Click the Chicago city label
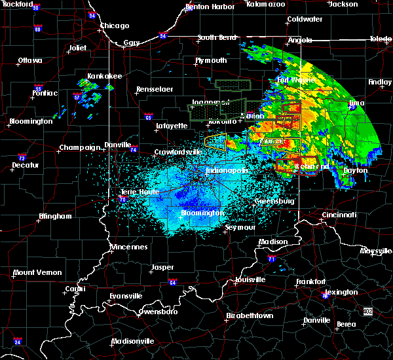click(114, 26)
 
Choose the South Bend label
click(217, 37)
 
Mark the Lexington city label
click(341, 292)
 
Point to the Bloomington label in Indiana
click(203, 213)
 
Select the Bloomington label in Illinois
click(31, 122)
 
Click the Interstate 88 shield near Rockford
click(37, 29)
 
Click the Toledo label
click(380, 39)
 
